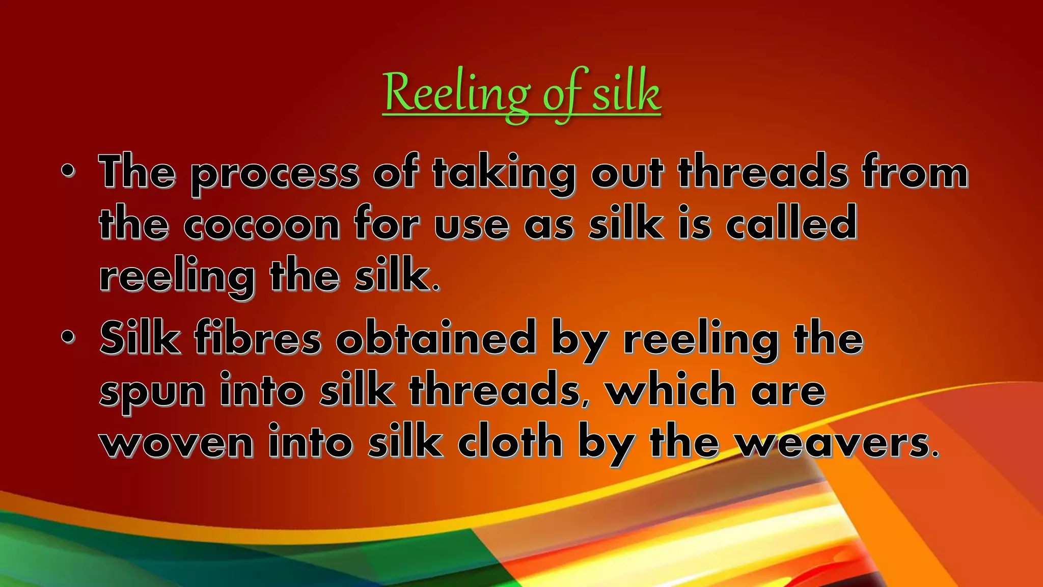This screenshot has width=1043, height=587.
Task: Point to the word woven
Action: (x=177, y=442)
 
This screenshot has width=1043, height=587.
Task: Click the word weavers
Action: (x=837, y=442)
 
